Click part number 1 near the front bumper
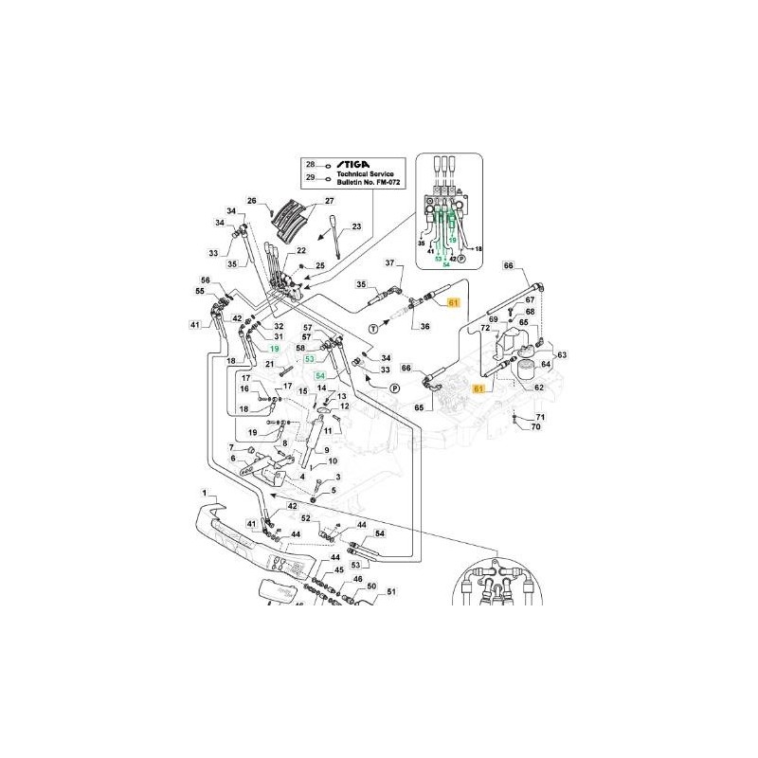pos(203,493)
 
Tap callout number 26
pos(253,200)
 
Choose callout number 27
pos(330,201)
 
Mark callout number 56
pos(204,280)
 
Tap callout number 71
pos(542,417)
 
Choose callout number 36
pos(425,326)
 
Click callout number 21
pos(270,364)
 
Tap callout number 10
pos(333,462)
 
